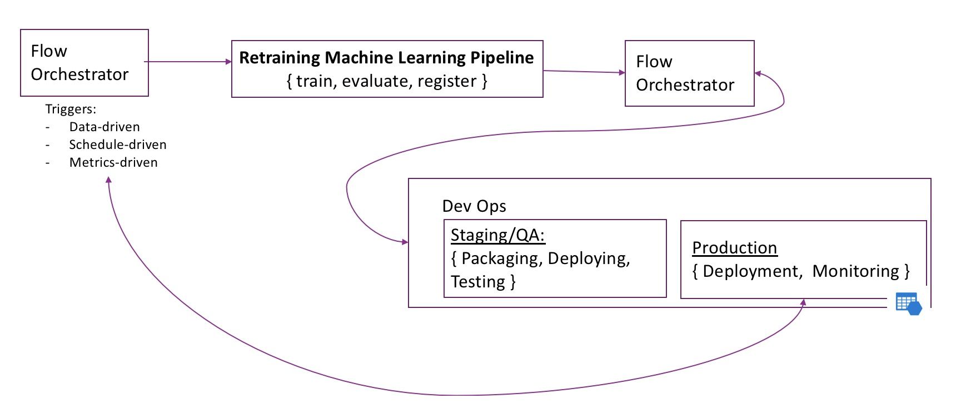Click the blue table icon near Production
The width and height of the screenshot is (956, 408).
click(x=908, y=304)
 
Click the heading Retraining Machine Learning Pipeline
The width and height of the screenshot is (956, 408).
click(x=386, y=58)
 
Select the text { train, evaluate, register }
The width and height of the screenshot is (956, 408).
click(x=387, y=81)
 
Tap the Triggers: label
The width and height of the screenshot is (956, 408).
click(x=71, y=110)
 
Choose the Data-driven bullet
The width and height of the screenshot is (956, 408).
click(x=104, y=127)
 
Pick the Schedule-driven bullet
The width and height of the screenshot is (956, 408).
click(x=118, y=145)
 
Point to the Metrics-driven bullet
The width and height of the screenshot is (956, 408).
click(x=113, y=163)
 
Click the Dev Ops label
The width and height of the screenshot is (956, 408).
click(x=474, y=206)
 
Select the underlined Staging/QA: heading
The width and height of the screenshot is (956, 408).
click(x=497, y=235)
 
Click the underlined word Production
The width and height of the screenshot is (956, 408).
click(x=734, y=248)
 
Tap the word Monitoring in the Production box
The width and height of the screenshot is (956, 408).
click(x=855, y=271)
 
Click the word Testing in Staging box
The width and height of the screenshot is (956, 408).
click(x=477, y=282)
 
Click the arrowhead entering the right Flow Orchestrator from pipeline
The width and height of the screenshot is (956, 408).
click(x=622, y=72)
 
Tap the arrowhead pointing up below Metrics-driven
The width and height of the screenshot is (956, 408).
click(x=108, y=180)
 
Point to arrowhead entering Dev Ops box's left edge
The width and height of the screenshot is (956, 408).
click(x=405, y=242)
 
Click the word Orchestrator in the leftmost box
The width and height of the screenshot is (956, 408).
click(x=79, y=74)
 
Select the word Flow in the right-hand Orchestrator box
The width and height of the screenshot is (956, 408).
click(x=654, y=62)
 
